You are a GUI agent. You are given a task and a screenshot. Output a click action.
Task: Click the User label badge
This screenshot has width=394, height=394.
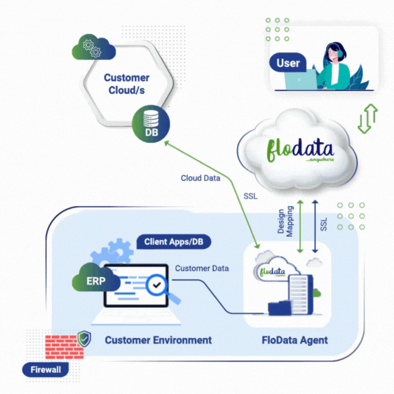tap(288, 63)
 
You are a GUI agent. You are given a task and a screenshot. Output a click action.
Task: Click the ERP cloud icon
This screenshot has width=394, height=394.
tap(96, 281)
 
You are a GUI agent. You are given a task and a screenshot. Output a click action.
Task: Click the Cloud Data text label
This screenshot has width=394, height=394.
tap(200, 178)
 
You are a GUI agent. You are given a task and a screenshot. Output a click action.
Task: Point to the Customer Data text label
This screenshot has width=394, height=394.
tap(202, 268)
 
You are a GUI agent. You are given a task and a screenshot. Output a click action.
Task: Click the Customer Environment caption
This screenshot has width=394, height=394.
tap(158, 340)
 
